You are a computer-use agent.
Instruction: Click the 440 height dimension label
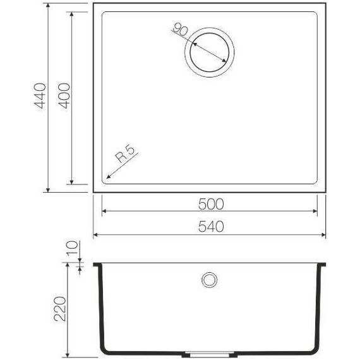40,97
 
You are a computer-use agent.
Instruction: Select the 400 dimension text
63,97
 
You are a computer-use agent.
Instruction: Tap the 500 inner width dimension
210,203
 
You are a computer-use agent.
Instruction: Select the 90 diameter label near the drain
181,30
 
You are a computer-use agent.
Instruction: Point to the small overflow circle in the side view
209,279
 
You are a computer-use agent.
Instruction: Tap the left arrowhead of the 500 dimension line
103,212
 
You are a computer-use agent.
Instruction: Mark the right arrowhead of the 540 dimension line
325,234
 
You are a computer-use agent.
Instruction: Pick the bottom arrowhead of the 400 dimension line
71,183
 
